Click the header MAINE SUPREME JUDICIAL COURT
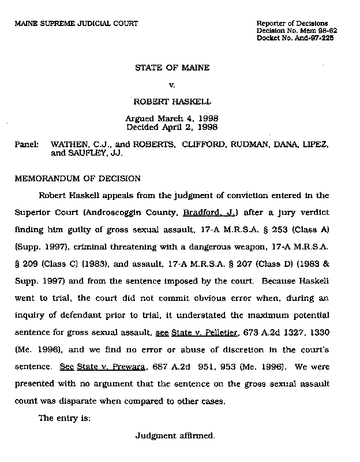click(76, 23)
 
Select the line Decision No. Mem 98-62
click(297, 31)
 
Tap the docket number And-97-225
click(316, 38)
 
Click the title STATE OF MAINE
click(172, 68)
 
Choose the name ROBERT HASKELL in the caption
click(172, 102)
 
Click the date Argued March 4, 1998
click(172, 119)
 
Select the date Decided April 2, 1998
click(172, 127)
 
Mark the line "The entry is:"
click(64, 418)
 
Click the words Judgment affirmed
click(175, 436)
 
